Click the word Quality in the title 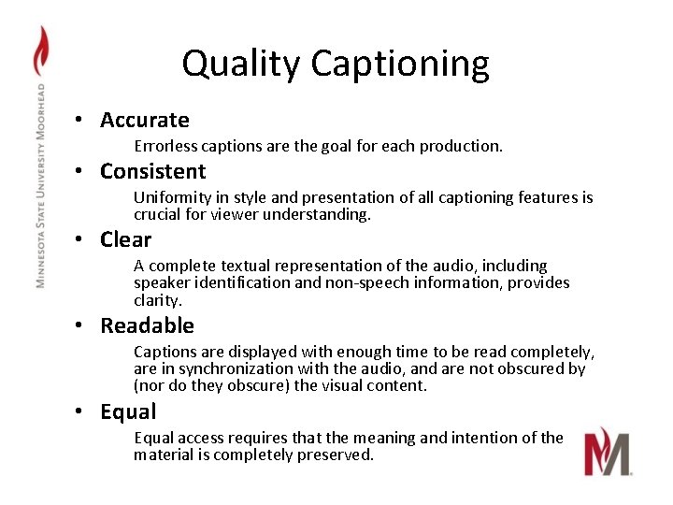(242, 64)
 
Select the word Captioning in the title (400, 64)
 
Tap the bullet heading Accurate (145, 120)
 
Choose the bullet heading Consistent (153, 171)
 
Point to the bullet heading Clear (126, 239)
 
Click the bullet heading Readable (148, 325)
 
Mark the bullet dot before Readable (82, 325)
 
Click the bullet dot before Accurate (82, 120)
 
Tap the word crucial (157, 214)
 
